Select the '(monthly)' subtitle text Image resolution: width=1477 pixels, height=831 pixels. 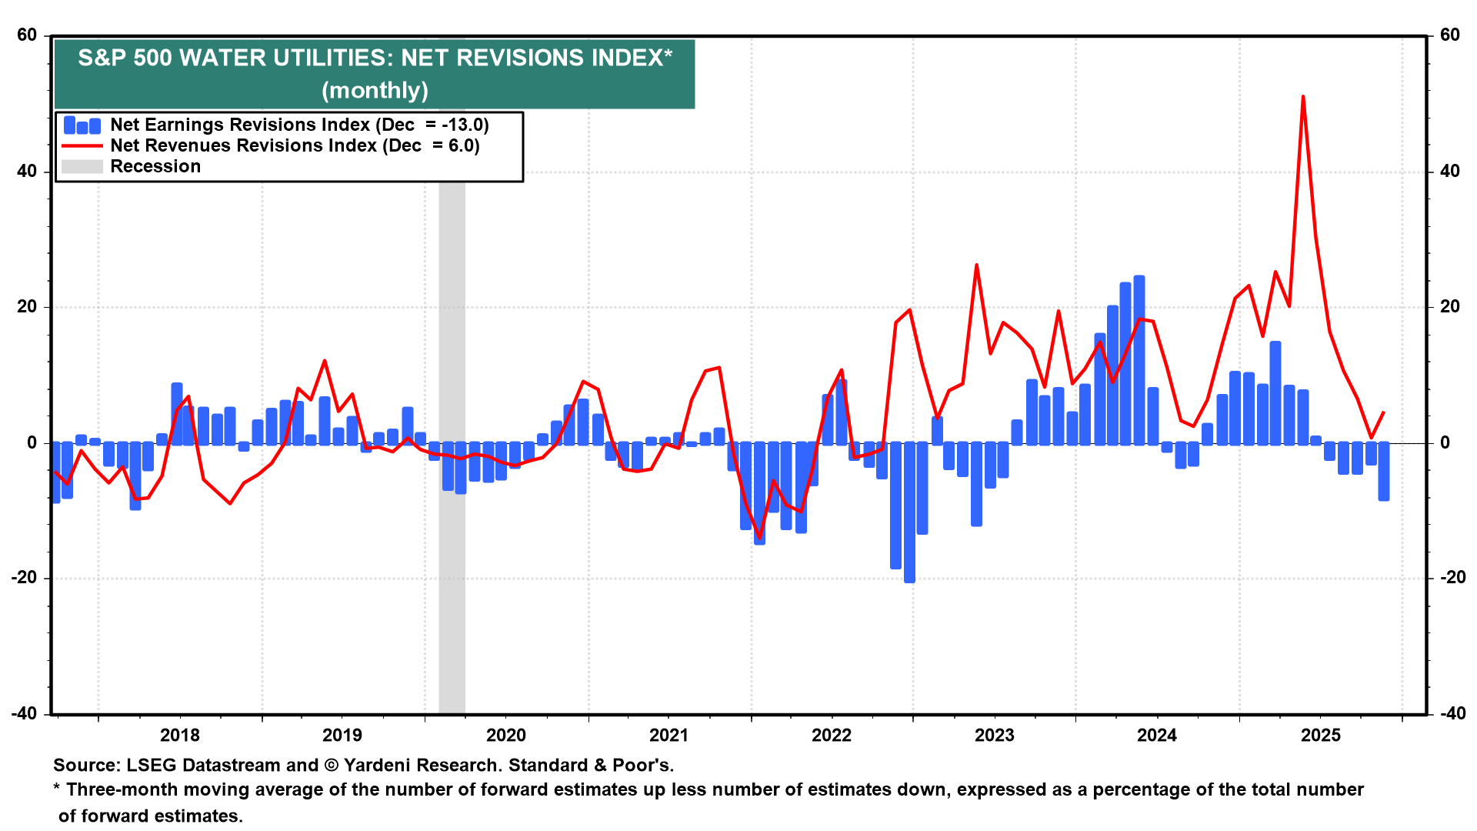coord(375,90)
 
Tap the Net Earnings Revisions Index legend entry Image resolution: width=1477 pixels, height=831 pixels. coord(299,125)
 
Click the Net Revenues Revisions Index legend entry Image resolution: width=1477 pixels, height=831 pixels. coord(295,145)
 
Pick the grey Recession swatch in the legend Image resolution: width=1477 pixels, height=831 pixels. coord(82,166)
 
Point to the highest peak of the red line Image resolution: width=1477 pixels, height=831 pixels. coord(1303,97)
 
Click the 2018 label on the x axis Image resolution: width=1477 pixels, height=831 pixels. coord(179,735)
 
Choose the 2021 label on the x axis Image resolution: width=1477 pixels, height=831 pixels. coord(668,735)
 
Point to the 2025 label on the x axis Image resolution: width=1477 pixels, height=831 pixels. coord(1320,735)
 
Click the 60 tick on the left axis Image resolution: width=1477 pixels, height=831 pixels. coord(27,35)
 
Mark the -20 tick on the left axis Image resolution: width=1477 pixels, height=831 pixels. coord(24,578)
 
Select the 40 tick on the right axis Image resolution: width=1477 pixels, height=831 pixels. coord(1449,171)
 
